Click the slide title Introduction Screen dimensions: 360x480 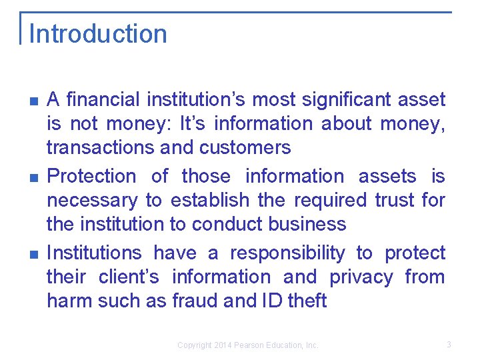(x=98, y=34)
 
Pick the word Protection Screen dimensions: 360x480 (x=91, y=177)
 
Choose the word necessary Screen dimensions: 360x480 (x=92, y=200)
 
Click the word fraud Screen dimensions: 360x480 (x=195, y=301)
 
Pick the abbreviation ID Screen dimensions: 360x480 (x=269, y=301)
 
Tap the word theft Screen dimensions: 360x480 (x=307, y=301)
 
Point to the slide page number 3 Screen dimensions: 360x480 (x=449, y=345)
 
